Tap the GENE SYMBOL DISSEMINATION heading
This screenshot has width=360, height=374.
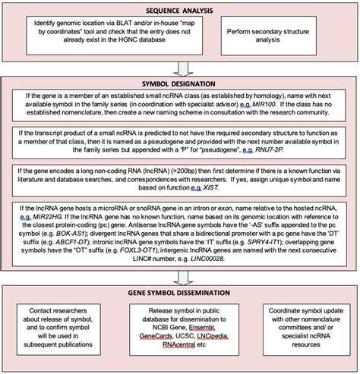pyautogui.click(x=180, y=291)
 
